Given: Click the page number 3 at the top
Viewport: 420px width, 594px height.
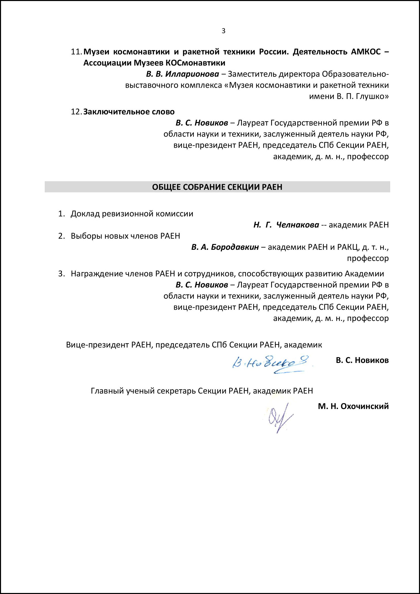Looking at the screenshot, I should (223, 31).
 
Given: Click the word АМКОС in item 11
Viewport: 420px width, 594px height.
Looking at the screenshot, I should (366, 52).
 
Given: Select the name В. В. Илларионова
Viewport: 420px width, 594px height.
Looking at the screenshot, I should (182, 74).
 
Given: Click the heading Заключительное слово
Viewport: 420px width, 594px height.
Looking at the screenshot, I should (129, 112).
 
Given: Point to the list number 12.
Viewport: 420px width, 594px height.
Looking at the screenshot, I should (76, 112).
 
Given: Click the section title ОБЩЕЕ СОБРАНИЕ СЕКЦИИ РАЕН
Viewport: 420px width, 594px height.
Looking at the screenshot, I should (217, 187).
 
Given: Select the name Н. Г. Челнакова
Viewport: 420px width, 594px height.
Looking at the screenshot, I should (286, 225).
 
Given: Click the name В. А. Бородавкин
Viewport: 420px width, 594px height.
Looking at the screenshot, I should (225, 247).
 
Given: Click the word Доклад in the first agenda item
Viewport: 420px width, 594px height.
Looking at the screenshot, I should (85, 214).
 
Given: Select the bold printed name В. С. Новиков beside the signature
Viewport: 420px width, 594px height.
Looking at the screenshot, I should (362, 360).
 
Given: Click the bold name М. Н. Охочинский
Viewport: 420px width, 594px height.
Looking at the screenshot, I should (353, 406).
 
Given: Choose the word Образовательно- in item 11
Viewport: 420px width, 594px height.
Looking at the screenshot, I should (355, 74).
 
